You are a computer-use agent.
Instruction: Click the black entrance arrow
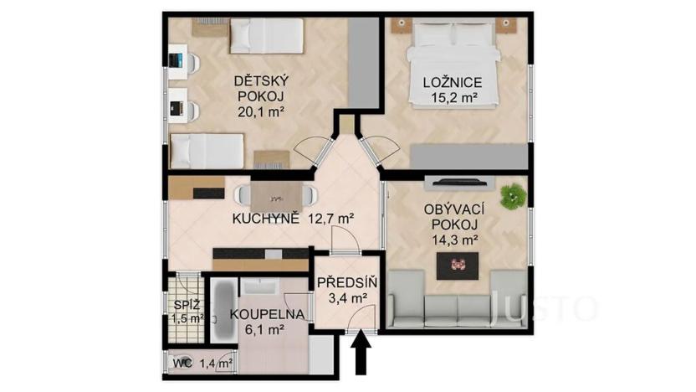tap(361, 353)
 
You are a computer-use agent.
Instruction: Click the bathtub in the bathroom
tap(223, 311)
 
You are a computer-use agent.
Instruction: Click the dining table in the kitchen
tap(275, 197)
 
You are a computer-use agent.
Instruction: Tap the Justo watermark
tap(543, 307)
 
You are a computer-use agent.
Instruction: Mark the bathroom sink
tap(259, 287)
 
